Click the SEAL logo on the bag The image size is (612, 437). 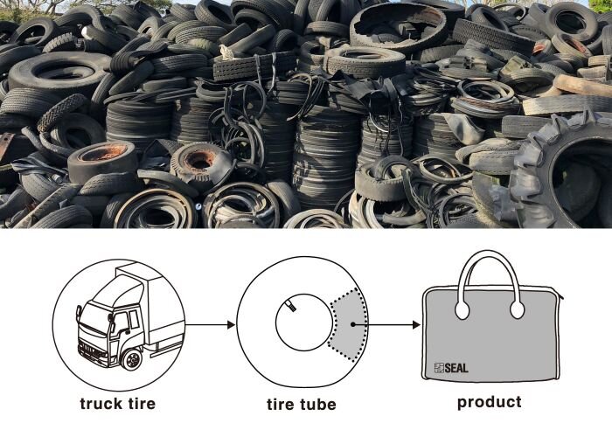click(x=451, y=368)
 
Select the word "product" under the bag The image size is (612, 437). click(x=489, y=403)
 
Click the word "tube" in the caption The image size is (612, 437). click(x=318, y=404)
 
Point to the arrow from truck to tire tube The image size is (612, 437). click(x=210, y=324)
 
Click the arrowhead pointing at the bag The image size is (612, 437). click(x=416, y=324)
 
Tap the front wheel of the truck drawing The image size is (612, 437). click(x=132, y=359)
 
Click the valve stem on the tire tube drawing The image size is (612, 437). click(x=291, y=305)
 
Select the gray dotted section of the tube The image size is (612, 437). click(x=347, y=324)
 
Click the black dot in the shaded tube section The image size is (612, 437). click(x=353, y=324)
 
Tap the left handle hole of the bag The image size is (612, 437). click(x=462, y=309)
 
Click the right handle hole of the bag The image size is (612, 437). click(x=518, y=309)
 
